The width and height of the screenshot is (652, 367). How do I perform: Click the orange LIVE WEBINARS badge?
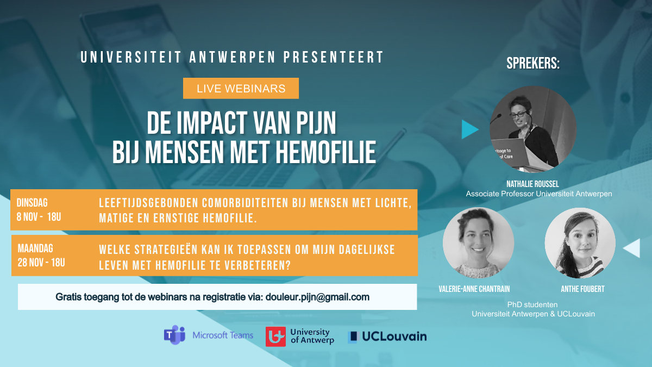click(x=241, y=88)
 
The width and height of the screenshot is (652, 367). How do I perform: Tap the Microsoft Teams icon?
click(x=174, y=335)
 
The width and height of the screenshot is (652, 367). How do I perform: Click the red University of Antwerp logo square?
click(x=275, y=337)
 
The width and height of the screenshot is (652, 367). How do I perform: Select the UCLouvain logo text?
click(x=394, y=337)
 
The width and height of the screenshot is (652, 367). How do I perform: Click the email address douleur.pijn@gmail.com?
click(x=317, y=297)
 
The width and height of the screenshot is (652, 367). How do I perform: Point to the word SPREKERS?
click(x=533, y=63)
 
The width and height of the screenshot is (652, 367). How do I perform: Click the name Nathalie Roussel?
click(x=532, y=184)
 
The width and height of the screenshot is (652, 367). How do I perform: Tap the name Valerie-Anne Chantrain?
click(x=474, y=289)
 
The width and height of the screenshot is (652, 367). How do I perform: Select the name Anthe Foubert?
click(x=582, y=289)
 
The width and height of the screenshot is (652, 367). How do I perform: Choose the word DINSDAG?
click(x=32, y=203)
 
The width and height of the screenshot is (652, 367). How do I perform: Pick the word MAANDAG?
click(x=35, y=248)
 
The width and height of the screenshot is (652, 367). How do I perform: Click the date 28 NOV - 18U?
click(x=41, y=263)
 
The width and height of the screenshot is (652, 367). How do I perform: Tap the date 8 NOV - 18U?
click(x=39, y=217)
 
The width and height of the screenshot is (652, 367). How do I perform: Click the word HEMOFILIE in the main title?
click(x=325, y=152)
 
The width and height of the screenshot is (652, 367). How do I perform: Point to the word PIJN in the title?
click(x=316, y=123)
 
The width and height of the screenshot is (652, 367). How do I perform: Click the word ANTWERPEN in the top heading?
click(x=233, y=57)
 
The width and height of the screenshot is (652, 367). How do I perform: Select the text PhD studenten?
click(x=532, y=304)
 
